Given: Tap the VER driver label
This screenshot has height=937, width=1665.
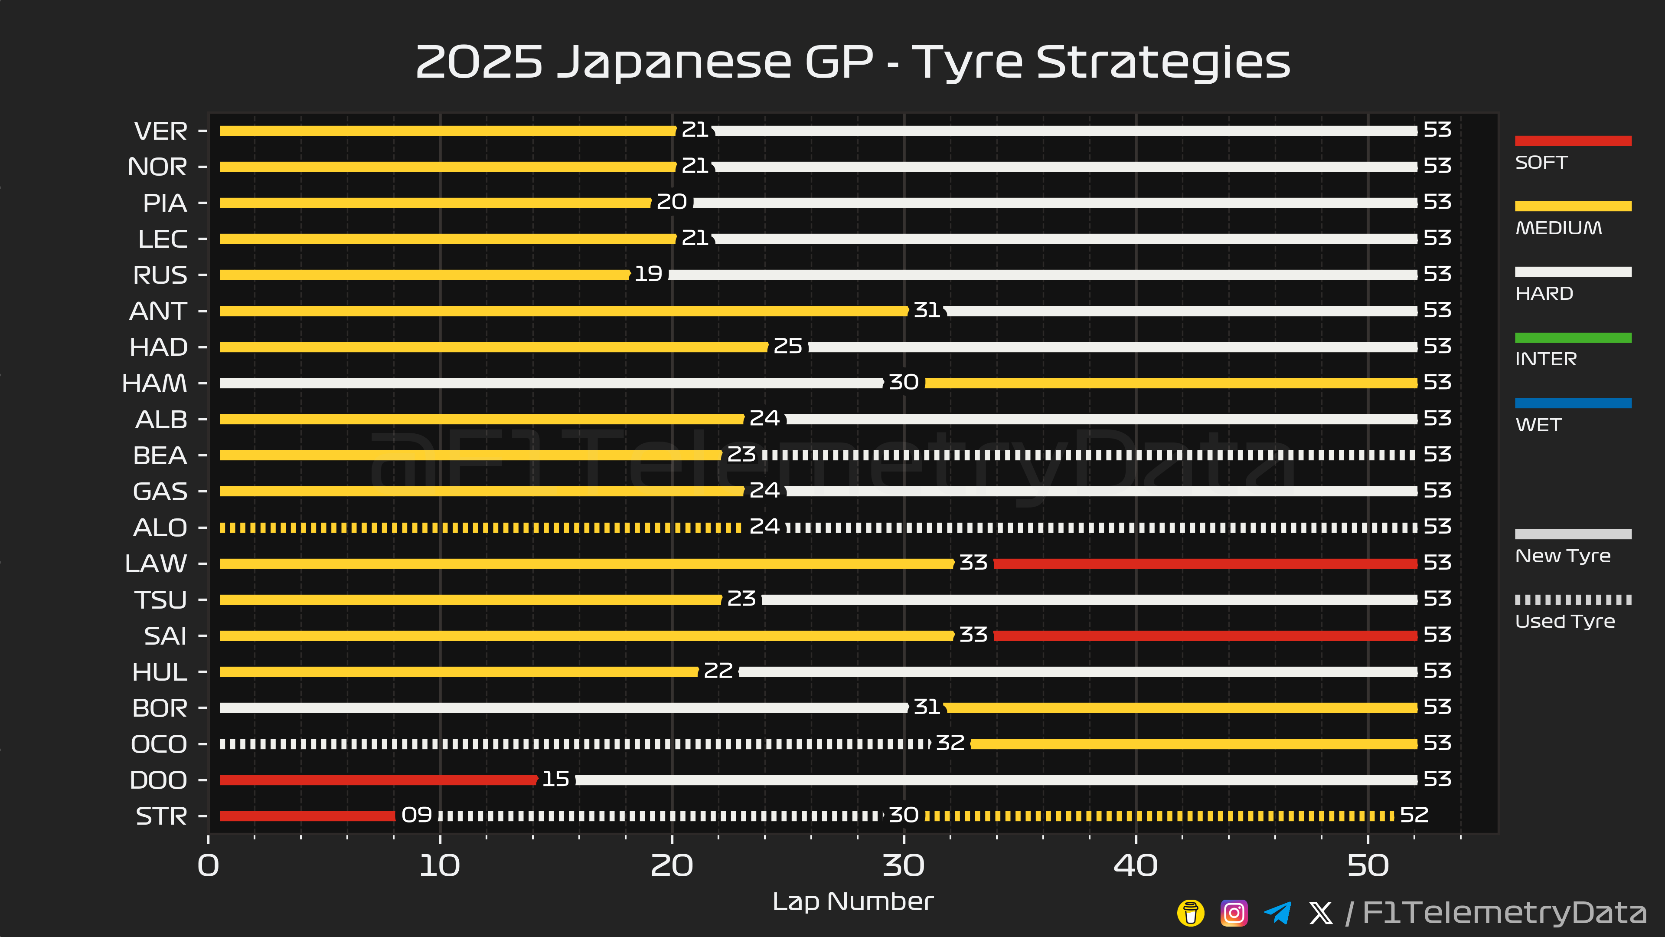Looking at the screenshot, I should click(160, 131).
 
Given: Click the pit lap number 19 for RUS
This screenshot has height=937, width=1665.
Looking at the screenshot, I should click(648, 274).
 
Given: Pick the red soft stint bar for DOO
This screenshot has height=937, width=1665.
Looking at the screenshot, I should click(378, 780).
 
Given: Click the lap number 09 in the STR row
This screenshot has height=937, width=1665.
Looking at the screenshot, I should click(416, 815).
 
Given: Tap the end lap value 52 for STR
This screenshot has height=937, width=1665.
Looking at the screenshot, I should click(1414, 815).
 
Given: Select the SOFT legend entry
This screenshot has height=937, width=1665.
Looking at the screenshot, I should click(1541, 162).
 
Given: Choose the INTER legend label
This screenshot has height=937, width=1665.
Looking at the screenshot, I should click(1545, 359).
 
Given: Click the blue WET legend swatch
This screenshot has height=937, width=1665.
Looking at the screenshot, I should click(1573, 403).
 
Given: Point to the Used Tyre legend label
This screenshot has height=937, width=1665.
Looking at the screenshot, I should click(1564, 622).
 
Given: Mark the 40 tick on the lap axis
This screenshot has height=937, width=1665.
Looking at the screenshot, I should click(1136, 865).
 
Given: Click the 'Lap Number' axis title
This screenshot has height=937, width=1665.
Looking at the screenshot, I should click(852, 901).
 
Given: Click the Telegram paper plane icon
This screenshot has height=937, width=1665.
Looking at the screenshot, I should click(1277, 913).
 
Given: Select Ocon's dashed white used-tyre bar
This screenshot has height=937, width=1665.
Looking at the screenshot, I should click(574, 744).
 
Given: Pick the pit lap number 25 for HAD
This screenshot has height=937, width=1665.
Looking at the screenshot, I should click(788, 347).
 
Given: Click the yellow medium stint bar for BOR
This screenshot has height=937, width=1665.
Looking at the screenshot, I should click(1181, 708).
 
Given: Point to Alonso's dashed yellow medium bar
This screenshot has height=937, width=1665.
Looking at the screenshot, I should click(480, 527).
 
